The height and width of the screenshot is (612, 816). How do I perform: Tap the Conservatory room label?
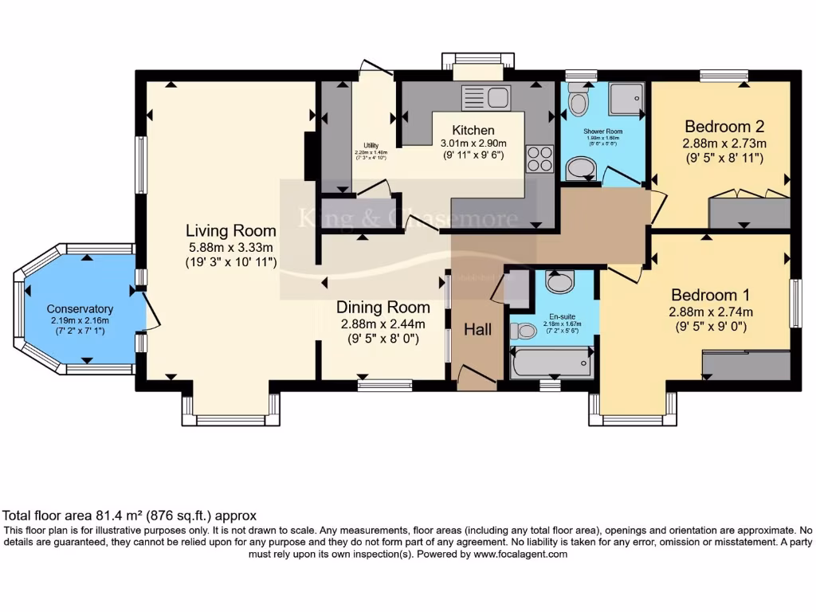(x=80, y=309)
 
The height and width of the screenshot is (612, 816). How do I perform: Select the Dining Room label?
(x=382, y=307)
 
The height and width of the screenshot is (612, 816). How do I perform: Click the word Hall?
(x=478, y=329)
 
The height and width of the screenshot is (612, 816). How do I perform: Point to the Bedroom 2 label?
(x=724, y=126)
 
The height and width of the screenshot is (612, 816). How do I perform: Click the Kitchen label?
(x=473, y=130)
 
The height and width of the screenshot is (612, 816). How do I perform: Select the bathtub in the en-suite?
(x=551, y=363)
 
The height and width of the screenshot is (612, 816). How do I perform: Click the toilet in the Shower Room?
(x=579, y=101)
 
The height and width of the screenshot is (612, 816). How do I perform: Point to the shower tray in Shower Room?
(x=625, y=100)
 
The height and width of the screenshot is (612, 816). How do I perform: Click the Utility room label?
(x=371, y=145)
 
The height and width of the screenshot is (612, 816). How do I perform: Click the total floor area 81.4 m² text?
(x=130, y=516)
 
